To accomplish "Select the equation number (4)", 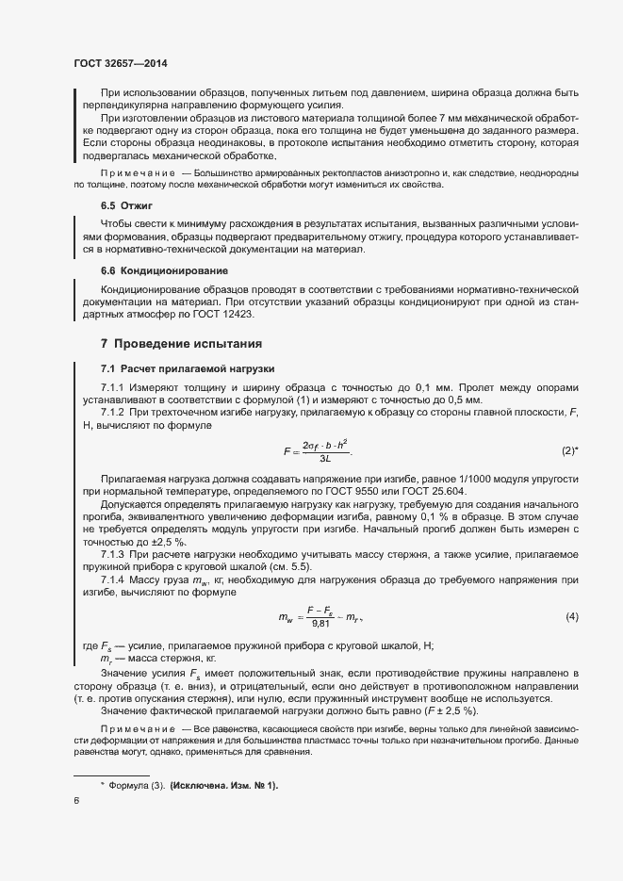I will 571,616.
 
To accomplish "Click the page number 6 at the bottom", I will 75,802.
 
